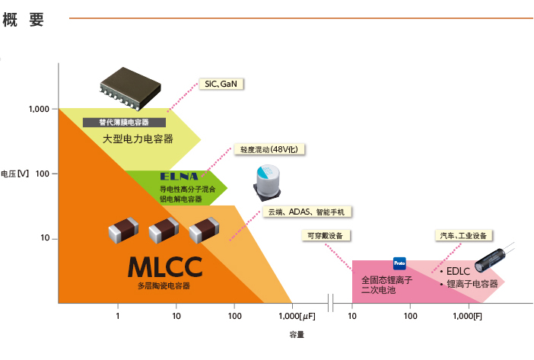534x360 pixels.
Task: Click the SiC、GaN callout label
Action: pos(221,84)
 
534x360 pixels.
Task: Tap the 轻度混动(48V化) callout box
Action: pos(269,149)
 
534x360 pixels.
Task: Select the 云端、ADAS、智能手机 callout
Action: pos(307,212)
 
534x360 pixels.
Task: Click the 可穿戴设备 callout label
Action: pos(326,236)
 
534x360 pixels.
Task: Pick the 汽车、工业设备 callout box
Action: pos(463,236)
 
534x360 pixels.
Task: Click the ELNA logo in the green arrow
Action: pos(179,177)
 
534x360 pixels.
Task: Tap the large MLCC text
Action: pos(165,267)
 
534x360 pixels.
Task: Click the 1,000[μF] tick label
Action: pos(297,316)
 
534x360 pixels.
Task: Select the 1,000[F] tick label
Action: pos(467,316)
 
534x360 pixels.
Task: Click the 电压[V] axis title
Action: pos(14,174)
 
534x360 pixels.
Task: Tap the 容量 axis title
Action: pos(297,335)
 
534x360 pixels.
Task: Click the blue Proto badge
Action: pos(399,263)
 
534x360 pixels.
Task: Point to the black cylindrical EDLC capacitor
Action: pos(492,260)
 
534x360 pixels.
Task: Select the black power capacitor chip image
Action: pos(130,88)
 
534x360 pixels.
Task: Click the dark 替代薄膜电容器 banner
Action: pos(124,123)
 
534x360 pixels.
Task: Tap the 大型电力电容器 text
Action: pos(138,139)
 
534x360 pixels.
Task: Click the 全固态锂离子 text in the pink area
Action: pos(387,280)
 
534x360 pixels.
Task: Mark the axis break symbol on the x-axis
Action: pos(330,303)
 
